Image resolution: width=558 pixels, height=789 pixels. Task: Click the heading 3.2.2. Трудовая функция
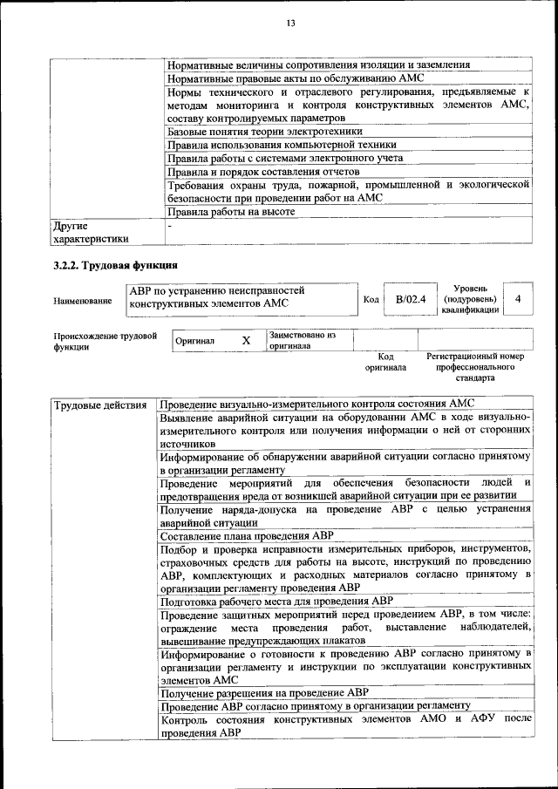115,264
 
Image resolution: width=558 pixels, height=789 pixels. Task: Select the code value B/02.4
410,300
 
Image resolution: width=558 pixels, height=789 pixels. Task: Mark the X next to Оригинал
246,341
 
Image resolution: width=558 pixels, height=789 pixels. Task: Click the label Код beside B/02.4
371,300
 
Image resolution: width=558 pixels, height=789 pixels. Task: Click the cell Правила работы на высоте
231,211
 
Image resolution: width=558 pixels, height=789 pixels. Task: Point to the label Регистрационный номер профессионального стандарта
475,367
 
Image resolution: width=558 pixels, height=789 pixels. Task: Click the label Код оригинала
386,362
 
